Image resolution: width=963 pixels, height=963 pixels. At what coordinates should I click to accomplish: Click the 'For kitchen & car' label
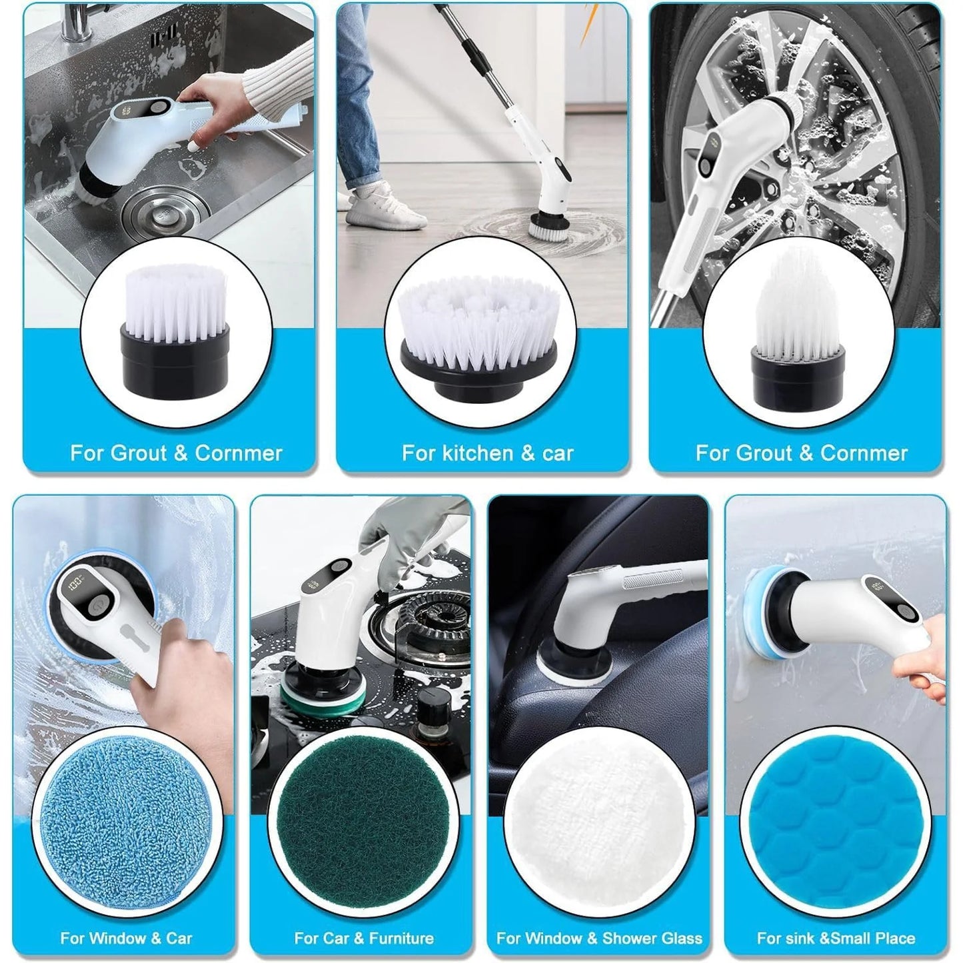click(x=487, y=453)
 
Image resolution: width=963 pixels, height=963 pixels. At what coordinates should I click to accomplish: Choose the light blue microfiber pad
click(x=127, y=826)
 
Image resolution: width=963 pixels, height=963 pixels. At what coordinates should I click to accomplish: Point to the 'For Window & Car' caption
click(x=126, y=938)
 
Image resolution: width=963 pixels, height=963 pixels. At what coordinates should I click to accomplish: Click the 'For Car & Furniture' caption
click(x=364, y=938)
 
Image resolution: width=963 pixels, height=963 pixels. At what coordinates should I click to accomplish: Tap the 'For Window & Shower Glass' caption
click(x=599, y=938)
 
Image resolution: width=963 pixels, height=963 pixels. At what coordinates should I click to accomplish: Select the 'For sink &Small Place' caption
click(x=836, y=938)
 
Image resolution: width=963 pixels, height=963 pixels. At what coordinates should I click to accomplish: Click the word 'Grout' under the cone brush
click(x=769, y=453)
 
